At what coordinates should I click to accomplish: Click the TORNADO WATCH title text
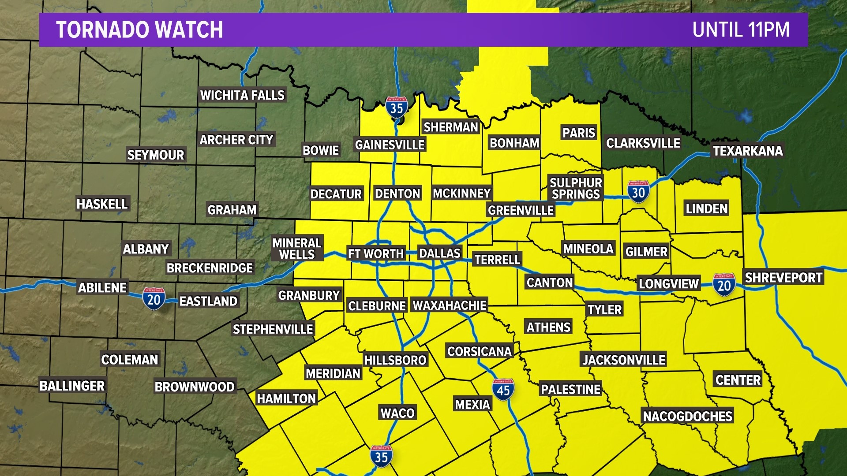(x=139, y=30)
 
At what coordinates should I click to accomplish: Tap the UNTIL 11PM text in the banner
(x=741, y=30)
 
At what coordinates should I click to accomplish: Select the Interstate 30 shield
(x=638, y=192)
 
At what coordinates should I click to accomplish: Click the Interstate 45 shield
(x=503, y=390)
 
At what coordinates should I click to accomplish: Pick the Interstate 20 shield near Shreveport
(x=724, y=285)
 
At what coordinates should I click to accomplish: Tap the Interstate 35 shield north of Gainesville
(x=397, y=107)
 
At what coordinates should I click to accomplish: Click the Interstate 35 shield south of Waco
(x=381, y=457)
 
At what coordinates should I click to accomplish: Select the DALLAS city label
(x=439, y=253)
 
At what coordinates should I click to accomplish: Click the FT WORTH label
(x=376, y=254)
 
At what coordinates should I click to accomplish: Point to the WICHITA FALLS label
(x=242, y=95)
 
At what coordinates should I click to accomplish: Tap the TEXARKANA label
(x=748, y=151)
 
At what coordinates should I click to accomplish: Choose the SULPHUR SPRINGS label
(x=576, y=188)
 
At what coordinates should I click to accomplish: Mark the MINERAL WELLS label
(x=297, y=249)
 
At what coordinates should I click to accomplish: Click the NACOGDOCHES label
(x=687, y=416)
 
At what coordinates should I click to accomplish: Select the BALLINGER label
(x=72, y=386)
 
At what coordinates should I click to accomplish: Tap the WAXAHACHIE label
(x=450, y=305)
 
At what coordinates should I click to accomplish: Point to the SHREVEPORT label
(x=783, y=277)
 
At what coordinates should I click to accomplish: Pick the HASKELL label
(x=102, y=204)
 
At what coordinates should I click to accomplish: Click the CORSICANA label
(x=480, y=351)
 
